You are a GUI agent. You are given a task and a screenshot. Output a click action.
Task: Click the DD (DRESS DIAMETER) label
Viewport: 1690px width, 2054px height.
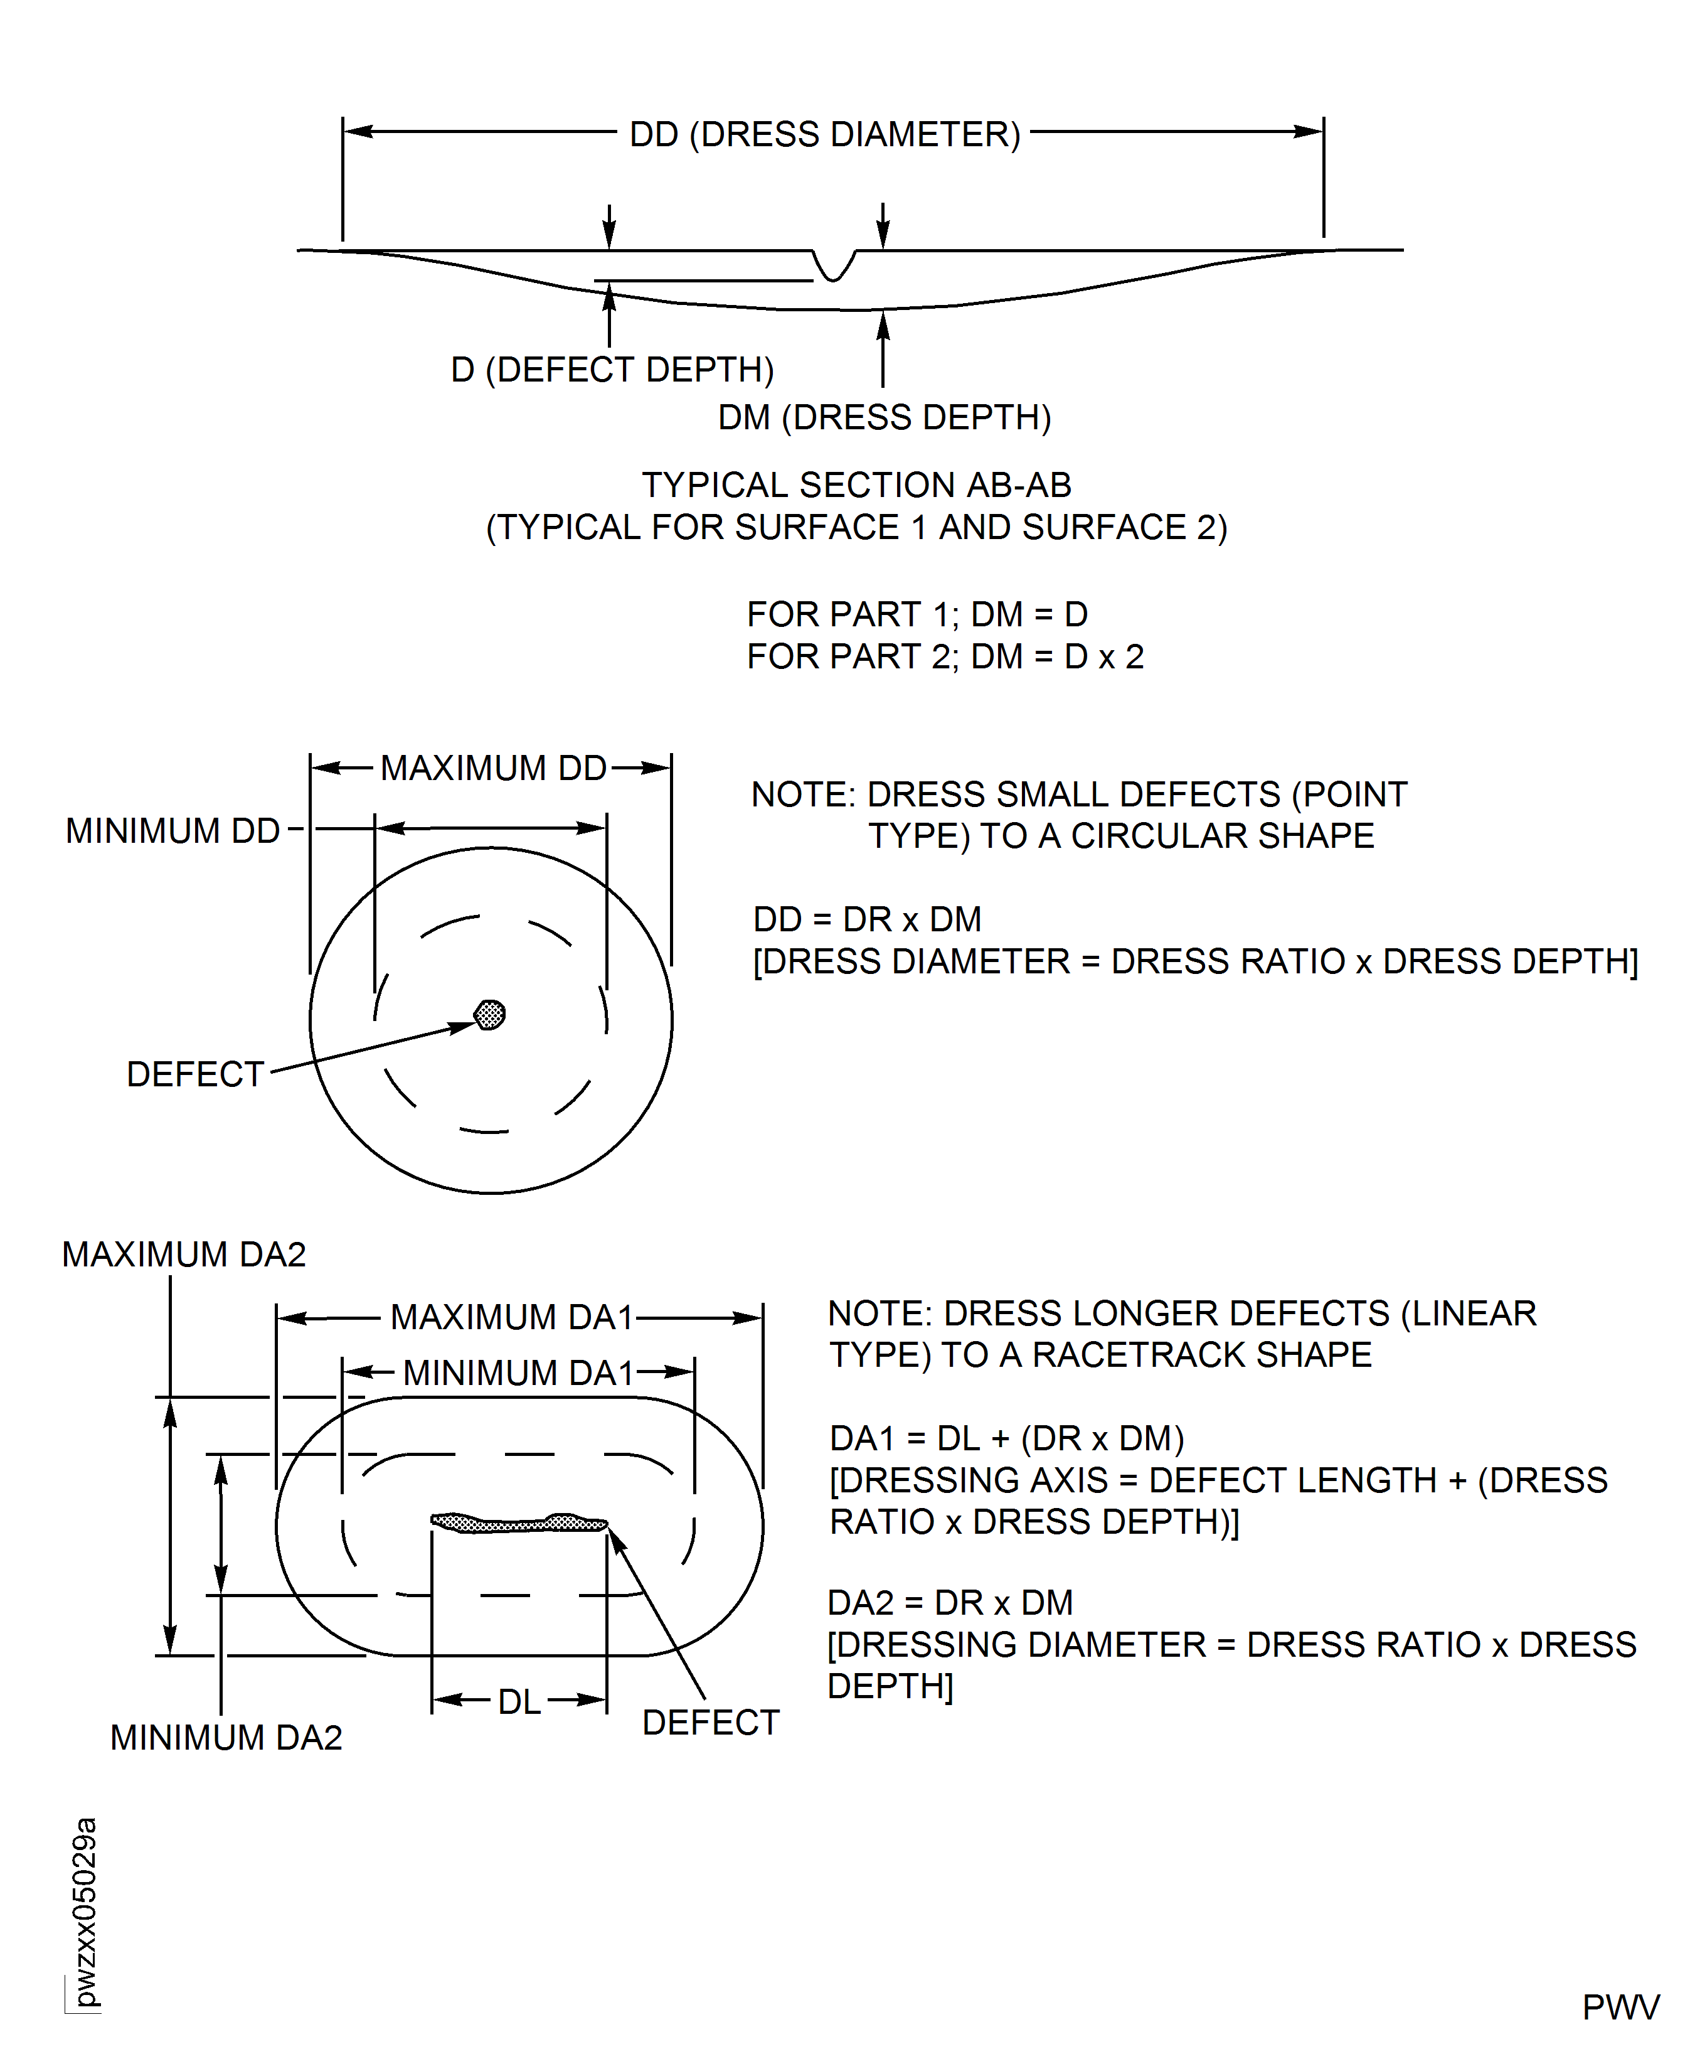coord(824,134)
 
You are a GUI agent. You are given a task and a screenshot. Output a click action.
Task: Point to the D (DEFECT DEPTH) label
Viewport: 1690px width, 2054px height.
coord(612,370)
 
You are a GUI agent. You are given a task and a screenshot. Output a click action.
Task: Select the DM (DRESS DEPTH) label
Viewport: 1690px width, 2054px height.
coord(884,418)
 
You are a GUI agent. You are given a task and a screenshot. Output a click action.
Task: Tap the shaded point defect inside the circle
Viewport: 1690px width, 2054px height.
coord(490,1015)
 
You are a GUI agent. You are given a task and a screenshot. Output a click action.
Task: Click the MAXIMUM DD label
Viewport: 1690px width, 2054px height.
coord(492,768)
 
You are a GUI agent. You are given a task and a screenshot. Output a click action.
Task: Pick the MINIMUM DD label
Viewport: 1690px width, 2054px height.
coord(173,831)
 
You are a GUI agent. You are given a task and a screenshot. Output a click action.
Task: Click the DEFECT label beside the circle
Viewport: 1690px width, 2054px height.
coord(194,1074)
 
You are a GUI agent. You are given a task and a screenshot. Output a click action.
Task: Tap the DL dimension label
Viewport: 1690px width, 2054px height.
coord(519,1701)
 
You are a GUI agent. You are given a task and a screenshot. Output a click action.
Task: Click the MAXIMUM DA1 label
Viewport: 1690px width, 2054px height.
coord(512,1318)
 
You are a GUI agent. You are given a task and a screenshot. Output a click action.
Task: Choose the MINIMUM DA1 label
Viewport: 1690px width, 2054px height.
coord(518,1373)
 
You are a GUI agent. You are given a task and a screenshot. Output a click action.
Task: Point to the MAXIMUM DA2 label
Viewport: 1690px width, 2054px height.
coord(183,1254)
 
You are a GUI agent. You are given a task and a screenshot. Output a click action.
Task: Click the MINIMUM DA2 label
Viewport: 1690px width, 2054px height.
coord(226,1738)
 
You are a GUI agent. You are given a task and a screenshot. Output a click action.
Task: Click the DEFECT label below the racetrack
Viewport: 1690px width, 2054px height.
coord(711,1723)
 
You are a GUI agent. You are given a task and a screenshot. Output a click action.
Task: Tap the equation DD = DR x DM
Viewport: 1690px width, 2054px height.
coord(866,919)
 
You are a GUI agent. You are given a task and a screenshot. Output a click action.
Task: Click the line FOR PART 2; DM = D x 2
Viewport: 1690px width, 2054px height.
coord(944,658)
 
